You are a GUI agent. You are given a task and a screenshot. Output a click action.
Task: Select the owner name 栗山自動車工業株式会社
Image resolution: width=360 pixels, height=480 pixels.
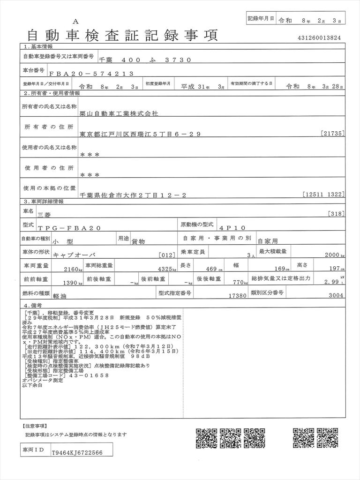point(120,113)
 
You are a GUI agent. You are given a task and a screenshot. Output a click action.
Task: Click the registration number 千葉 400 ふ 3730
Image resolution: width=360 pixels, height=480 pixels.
point(145,60)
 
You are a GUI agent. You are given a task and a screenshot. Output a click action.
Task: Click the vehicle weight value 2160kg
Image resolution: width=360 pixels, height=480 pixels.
point(73,269)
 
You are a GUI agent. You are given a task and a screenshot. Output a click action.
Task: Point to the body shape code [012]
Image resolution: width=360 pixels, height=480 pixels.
point(167,255)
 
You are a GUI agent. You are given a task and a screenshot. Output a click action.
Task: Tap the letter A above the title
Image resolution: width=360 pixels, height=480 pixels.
point(75,22)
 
